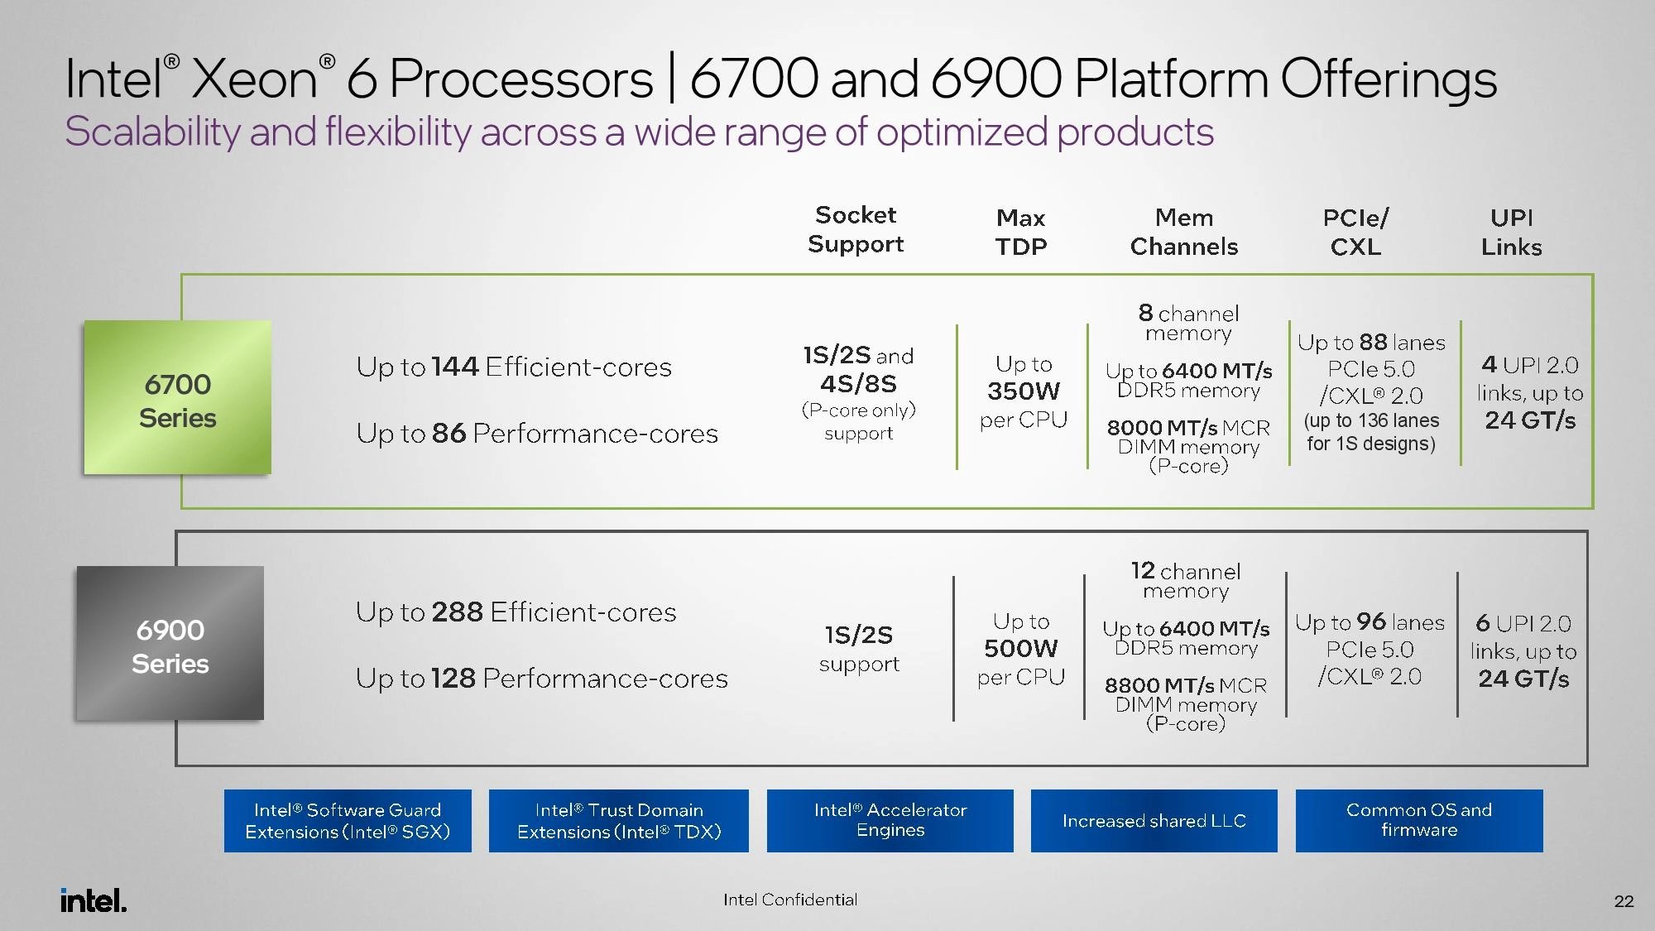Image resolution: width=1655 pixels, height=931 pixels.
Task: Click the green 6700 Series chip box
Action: [177, 398]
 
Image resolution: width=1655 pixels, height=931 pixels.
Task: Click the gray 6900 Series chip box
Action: [170, 644]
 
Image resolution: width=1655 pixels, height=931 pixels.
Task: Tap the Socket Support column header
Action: [856, 229]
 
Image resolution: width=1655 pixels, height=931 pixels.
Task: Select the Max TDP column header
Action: [1021, 232]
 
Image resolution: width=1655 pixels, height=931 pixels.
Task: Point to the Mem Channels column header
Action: [1184, 232]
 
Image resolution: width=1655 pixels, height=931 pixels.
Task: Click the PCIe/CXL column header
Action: [1355, 232]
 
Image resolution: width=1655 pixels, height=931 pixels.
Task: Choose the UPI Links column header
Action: [1511, 232]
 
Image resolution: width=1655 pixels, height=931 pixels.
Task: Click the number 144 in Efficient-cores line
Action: [454, 366]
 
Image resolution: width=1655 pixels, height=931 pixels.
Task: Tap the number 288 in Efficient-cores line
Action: [457, 612]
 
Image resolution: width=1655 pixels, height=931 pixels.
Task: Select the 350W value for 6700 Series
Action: [1023, 391]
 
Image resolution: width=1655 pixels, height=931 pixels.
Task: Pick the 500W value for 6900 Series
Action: [1020, 648]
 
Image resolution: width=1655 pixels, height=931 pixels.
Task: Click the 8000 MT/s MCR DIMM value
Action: [1162, 428]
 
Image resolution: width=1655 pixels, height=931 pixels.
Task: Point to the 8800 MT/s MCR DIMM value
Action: [1159, 685]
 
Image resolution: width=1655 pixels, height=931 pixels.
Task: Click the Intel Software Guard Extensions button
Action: [348, 821]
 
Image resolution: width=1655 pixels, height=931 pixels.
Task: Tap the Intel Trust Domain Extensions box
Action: [619, 821]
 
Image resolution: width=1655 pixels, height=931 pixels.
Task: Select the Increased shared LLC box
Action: [1154, 821]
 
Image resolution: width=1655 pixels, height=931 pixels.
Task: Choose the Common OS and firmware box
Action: [1419, 821]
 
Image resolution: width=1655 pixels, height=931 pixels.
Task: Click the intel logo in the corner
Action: [94, 900]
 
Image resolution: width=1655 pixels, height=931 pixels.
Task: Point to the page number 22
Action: [1624, 901]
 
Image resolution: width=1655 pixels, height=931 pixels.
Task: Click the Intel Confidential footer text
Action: [790, 900]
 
